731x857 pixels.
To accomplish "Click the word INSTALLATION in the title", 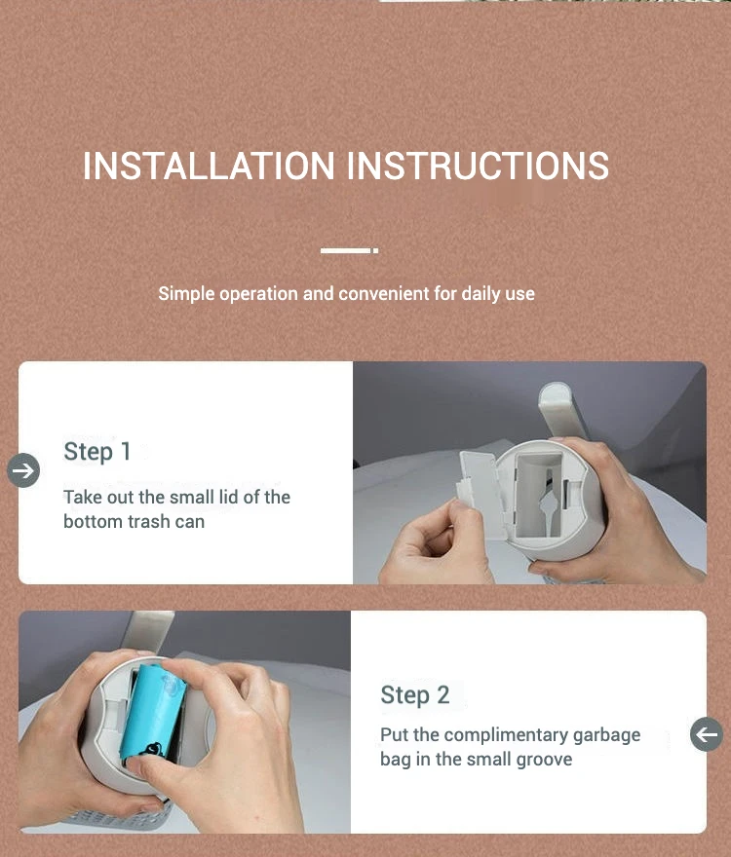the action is [x=209, y=166].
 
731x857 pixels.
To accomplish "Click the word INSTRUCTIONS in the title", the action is [x=478, y=166].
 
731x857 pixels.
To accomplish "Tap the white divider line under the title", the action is [x=349, y=250].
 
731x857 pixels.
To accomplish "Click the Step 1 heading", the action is [x=96, y=452].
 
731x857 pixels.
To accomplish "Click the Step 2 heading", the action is [x=415, y=695].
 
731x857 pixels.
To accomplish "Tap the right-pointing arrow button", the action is [x=23, y=470].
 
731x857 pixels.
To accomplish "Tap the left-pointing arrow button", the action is [x=707, y=734].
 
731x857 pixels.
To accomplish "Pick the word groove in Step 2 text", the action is [x=544, y=760].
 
